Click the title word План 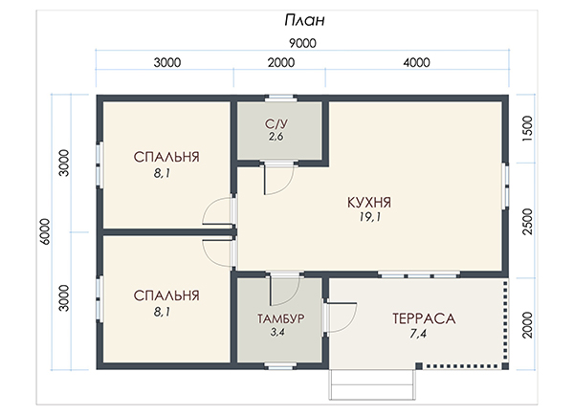click(x=304, y=20)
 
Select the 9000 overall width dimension click(x=302, y=43)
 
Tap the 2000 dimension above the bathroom click(x=280, y=62)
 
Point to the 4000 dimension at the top click(x=416, y=62)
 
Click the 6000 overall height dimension click(x=45, y=231)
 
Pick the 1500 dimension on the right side click(x=527, y=128)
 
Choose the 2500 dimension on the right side click(x=527, y=222)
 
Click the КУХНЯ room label click(x=369, y=203)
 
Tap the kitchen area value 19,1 click(x=369, y=217)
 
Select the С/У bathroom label click(x=276, y=123)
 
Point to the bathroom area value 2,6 click(x=276, y=137)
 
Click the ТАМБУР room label click(x=280, y=318)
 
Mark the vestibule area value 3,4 click(x=277, y=333)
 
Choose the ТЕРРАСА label click(x=424, y=318)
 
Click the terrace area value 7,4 click(x=418, y=334)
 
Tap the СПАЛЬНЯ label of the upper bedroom click(x=166, y=157)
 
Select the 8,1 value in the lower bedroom click(x=162, y=312)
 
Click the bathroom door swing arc click(x=287, y=186)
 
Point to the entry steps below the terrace click(x=372, y=383)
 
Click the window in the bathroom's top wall click(x=280, y=98)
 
